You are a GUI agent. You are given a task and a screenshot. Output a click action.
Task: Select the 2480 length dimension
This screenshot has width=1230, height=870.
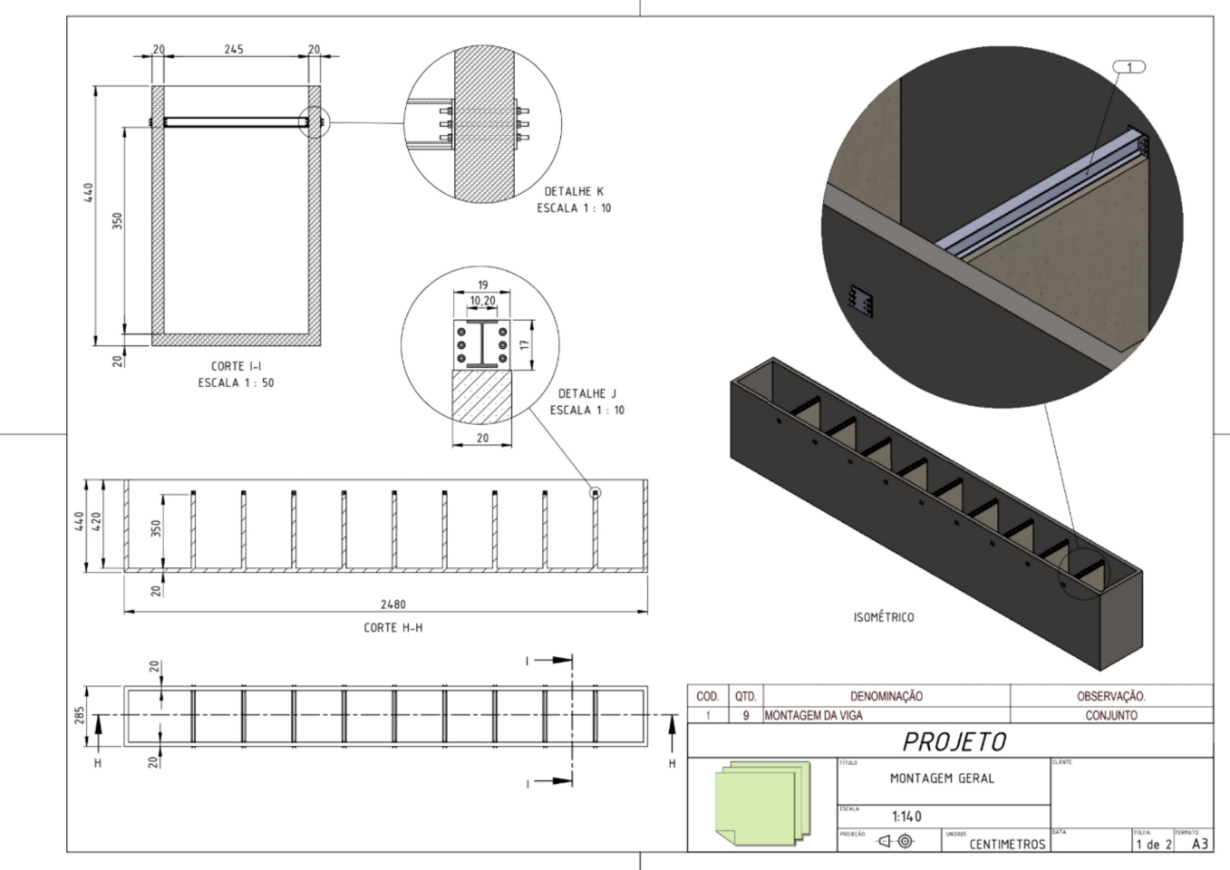point(385,602)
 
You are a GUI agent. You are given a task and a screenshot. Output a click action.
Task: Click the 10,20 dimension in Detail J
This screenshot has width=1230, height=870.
point(483,300)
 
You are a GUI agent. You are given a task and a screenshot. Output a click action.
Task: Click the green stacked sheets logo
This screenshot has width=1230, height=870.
point(762,799)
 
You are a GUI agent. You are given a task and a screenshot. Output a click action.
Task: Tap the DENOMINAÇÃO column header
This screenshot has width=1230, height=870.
point(887,696)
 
